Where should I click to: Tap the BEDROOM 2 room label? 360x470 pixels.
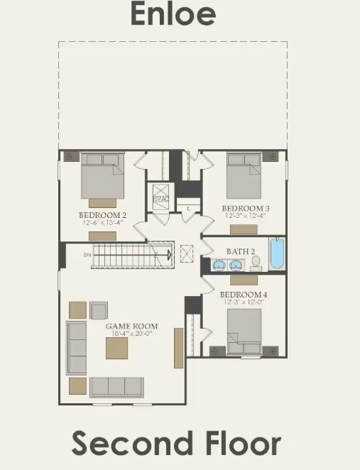(x=102, y=214)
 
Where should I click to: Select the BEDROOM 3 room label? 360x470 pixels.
(x=246, y=208)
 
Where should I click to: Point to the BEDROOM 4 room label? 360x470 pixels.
(x=243, y=294)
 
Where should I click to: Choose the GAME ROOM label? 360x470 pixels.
(x=131, y=327)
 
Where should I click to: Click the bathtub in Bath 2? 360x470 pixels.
(x=276, y=253)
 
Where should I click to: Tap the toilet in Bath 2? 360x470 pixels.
(x=256, y=263)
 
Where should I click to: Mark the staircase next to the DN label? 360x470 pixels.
(x=131, y=254)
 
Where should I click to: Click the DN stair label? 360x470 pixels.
(x=87, y=254)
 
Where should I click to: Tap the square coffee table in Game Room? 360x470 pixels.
(x=117, y=348)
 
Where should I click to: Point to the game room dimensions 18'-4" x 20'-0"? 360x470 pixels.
(x=131, y=334)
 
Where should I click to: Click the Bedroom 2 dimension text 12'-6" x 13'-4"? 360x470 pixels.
(x=102, y=222)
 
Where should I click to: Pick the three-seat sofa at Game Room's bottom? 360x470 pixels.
(x=116, y=387)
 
